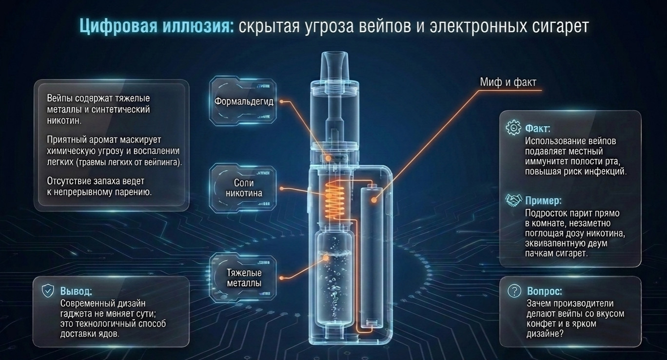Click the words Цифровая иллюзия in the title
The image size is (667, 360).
[157, 26]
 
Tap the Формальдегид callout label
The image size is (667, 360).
[244, 101]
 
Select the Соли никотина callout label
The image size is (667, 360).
[244, 188]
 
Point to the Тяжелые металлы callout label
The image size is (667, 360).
[244, 278]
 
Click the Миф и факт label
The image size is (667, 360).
[508, 82]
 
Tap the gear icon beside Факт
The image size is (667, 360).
[513, 127]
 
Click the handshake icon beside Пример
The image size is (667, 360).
[513, 200]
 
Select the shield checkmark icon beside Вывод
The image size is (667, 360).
[48, 291]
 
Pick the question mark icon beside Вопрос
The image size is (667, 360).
[514, 291]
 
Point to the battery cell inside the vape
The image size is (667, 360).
[372, 257]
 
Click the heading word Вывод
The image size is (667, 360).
[76, 291]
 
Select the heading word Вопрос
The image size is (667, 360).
[545, 291]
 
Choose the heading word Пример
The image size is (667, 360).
[543, 200]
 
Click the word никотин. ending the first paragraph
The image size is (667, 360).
[64, 120]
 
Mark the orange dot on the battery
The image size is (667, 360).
[373, 200]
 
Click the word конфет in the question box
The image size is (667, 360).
[541, 323]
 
